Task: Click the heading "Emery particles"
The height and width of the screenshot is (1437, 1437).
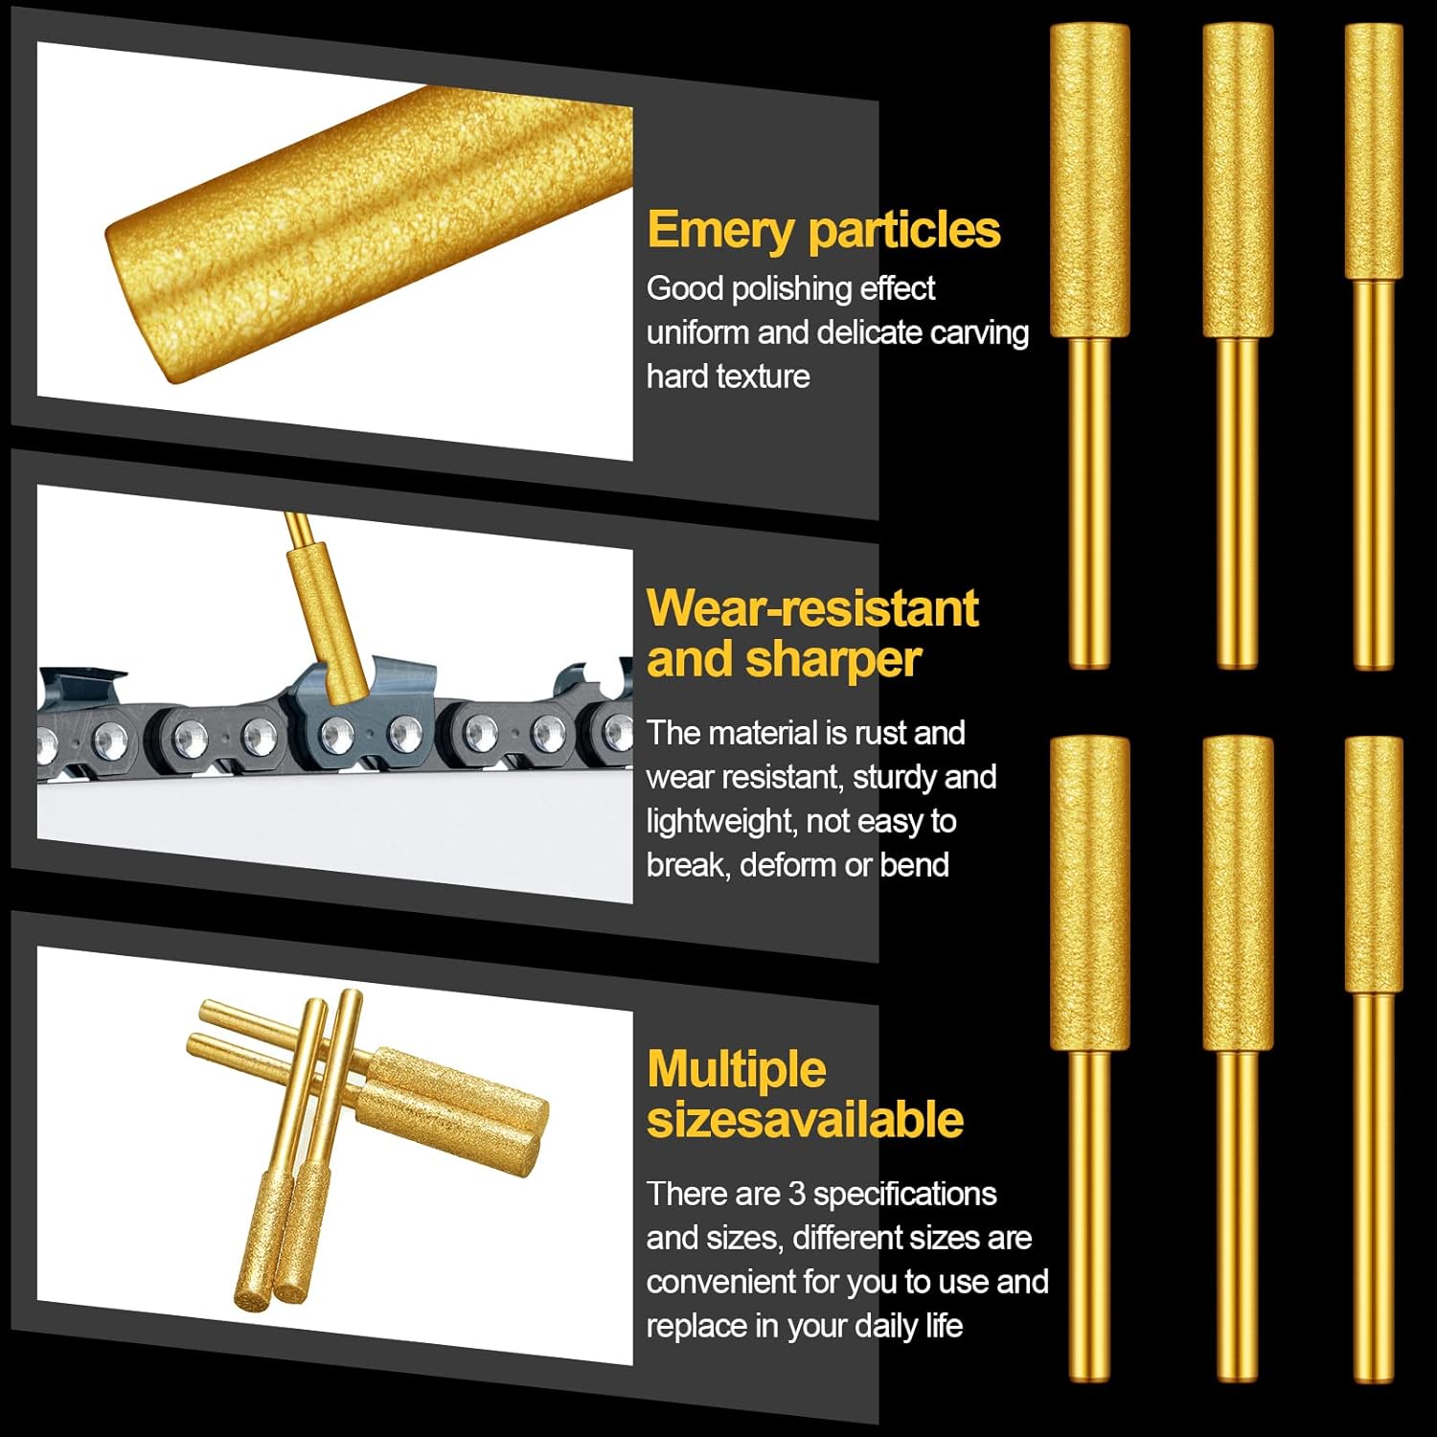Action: [x=824, y=231]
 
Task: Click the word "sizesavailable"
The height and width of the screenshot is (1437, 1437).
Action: [x=805, y=1120]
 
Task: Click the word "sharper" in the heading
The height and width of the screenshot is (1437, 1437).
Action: [x=833, y=659]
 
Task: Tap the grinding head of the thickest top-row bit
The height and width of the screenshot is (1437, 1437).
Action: [x=1090, y=181]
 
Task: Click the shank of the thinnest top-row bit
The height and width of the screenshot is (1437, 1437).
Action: [x=1373, y=474]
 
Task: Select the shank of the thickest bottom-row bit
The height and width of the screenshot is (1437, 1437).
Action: [x=1090, y=1216]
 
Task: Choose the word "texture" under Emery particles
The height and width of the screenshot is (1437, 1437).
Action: [x=765, y=377]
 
